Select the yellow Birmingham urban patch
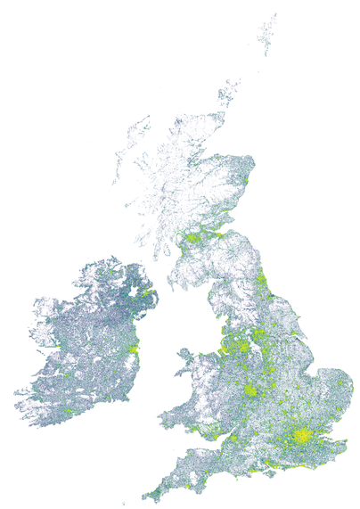coord(252,390)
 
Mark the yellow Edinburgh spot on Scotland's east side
coord(220,234)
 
